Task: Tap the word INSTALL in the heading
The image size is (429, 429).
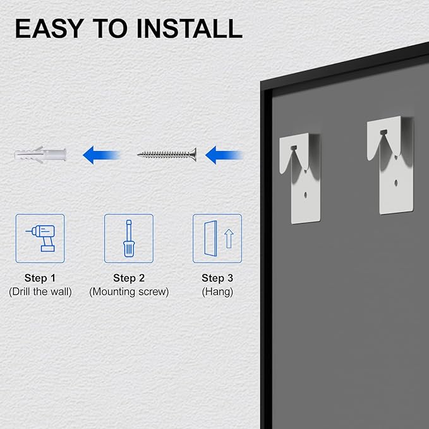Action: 190,28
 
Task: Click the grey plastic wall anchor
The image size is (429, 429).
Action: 40,155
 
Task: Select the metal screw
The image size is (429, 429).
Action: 167,155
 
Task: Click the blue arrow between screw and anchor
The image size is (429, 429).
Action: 101,155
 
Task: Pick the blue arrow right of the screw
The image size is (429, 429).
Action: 224,155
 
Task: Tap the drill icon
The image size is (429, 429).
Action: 40,238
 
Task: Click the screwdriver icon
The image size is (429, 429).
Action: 129,238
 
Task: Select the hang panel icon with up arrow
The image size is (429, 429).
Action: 217,238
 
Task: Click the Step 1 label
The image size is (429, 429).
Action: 40,278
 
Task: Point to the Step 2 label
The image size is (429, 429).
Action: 129,278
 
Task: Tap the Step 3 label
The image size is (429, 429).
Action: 217,278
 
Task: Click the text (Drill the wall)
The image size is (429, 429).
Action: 40,292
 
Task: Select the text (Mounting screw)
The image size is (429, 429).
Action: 129,292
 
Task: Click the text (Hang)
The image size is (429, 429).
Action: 217,292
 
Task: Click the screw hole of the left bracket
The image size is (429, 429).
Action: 306,195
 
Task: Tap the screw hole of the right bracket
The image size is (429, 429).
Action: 396,182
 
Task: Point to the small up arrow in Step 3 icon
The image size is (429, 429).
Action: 229,239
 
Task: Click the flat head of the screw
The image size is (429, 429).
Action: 194,155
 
